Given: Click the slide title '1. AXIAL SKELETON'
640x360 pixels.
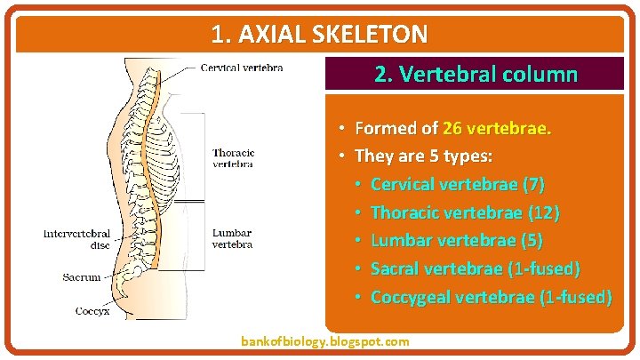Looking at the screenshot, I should tap(319, 35).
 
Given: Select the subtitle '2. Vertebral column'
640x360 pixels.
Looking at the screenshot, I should tap(476, 74).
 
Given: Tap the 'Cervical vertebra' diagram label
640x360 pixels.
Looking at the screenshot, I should tap(242, 67).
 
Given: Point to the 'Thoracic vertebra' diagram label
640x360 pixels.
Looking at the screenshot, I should tap(233, 158).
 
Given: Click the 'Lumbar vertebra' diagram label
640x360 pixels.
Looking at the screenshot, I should tap(232, 238).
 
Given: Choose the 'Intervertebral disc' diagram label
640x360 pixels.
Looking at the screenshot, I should tap(77, 239).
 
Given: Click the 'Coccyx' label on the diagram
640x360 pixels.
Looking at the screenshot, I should tap(92, 311).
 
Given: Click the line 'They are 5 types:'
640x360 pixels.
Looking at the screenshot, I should tap(423, 156).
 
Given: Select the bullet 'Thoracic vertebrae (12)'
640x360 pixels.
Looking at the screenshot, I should tap(465, 212).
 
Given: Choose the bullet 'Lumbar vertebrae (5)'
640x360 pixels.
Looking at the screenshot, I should tap(456, 240).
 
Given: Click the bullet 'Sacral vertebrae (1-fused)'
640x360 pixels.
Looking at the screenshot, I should tap(476, 268).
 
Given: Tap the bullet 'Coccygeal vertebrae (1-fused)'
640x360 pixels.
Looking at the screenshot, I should tap(491, 296).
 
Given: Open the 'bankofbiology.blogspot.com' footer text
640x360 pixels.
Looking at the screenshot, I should tap(325, 341).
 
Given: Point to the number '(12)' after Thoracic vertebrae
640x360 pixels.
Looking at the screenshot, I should tap(543, 212).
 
